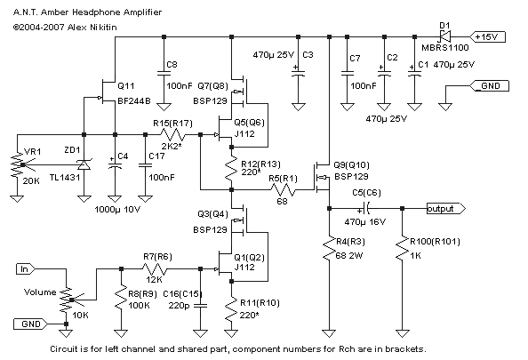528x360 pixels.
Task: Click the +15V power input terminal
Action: coord(488,36)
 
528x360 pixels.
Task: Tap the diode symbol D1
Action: coord(444,36)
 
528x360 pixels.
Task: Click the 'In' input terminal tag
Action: coord(26,269)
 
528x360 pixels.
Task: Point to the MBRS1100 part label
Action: coord(444,48)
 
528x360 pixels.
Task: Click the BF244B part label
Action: coord(134,100)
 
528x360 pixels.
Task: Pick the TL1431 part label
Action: coord(65,178)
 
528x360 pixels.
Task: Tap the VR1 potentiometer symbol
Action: coord(17,165)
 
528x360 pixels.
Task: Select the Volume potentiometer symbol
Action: coord(67,300)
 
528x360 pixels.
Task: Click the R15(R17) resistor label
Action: coord(172,124)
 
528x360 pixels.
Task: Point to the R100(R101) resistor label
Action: coord(435,242)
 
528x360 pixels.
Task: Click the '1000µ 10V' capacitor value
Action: coord(117,210)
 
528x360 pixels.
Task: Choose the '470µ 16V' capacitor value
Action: coord(365,222)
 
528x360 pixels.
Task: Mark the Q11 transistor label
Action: coord(126,86)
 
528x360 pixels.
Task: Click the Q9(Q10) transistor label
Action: coord(351,165)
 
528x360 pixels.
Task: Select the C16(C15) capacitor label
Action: coord(182,294)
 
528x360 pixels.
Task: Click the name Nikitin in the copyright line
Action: coord(103,28)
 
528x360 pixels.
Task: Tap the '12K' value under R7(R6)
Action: coord(155,280)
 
